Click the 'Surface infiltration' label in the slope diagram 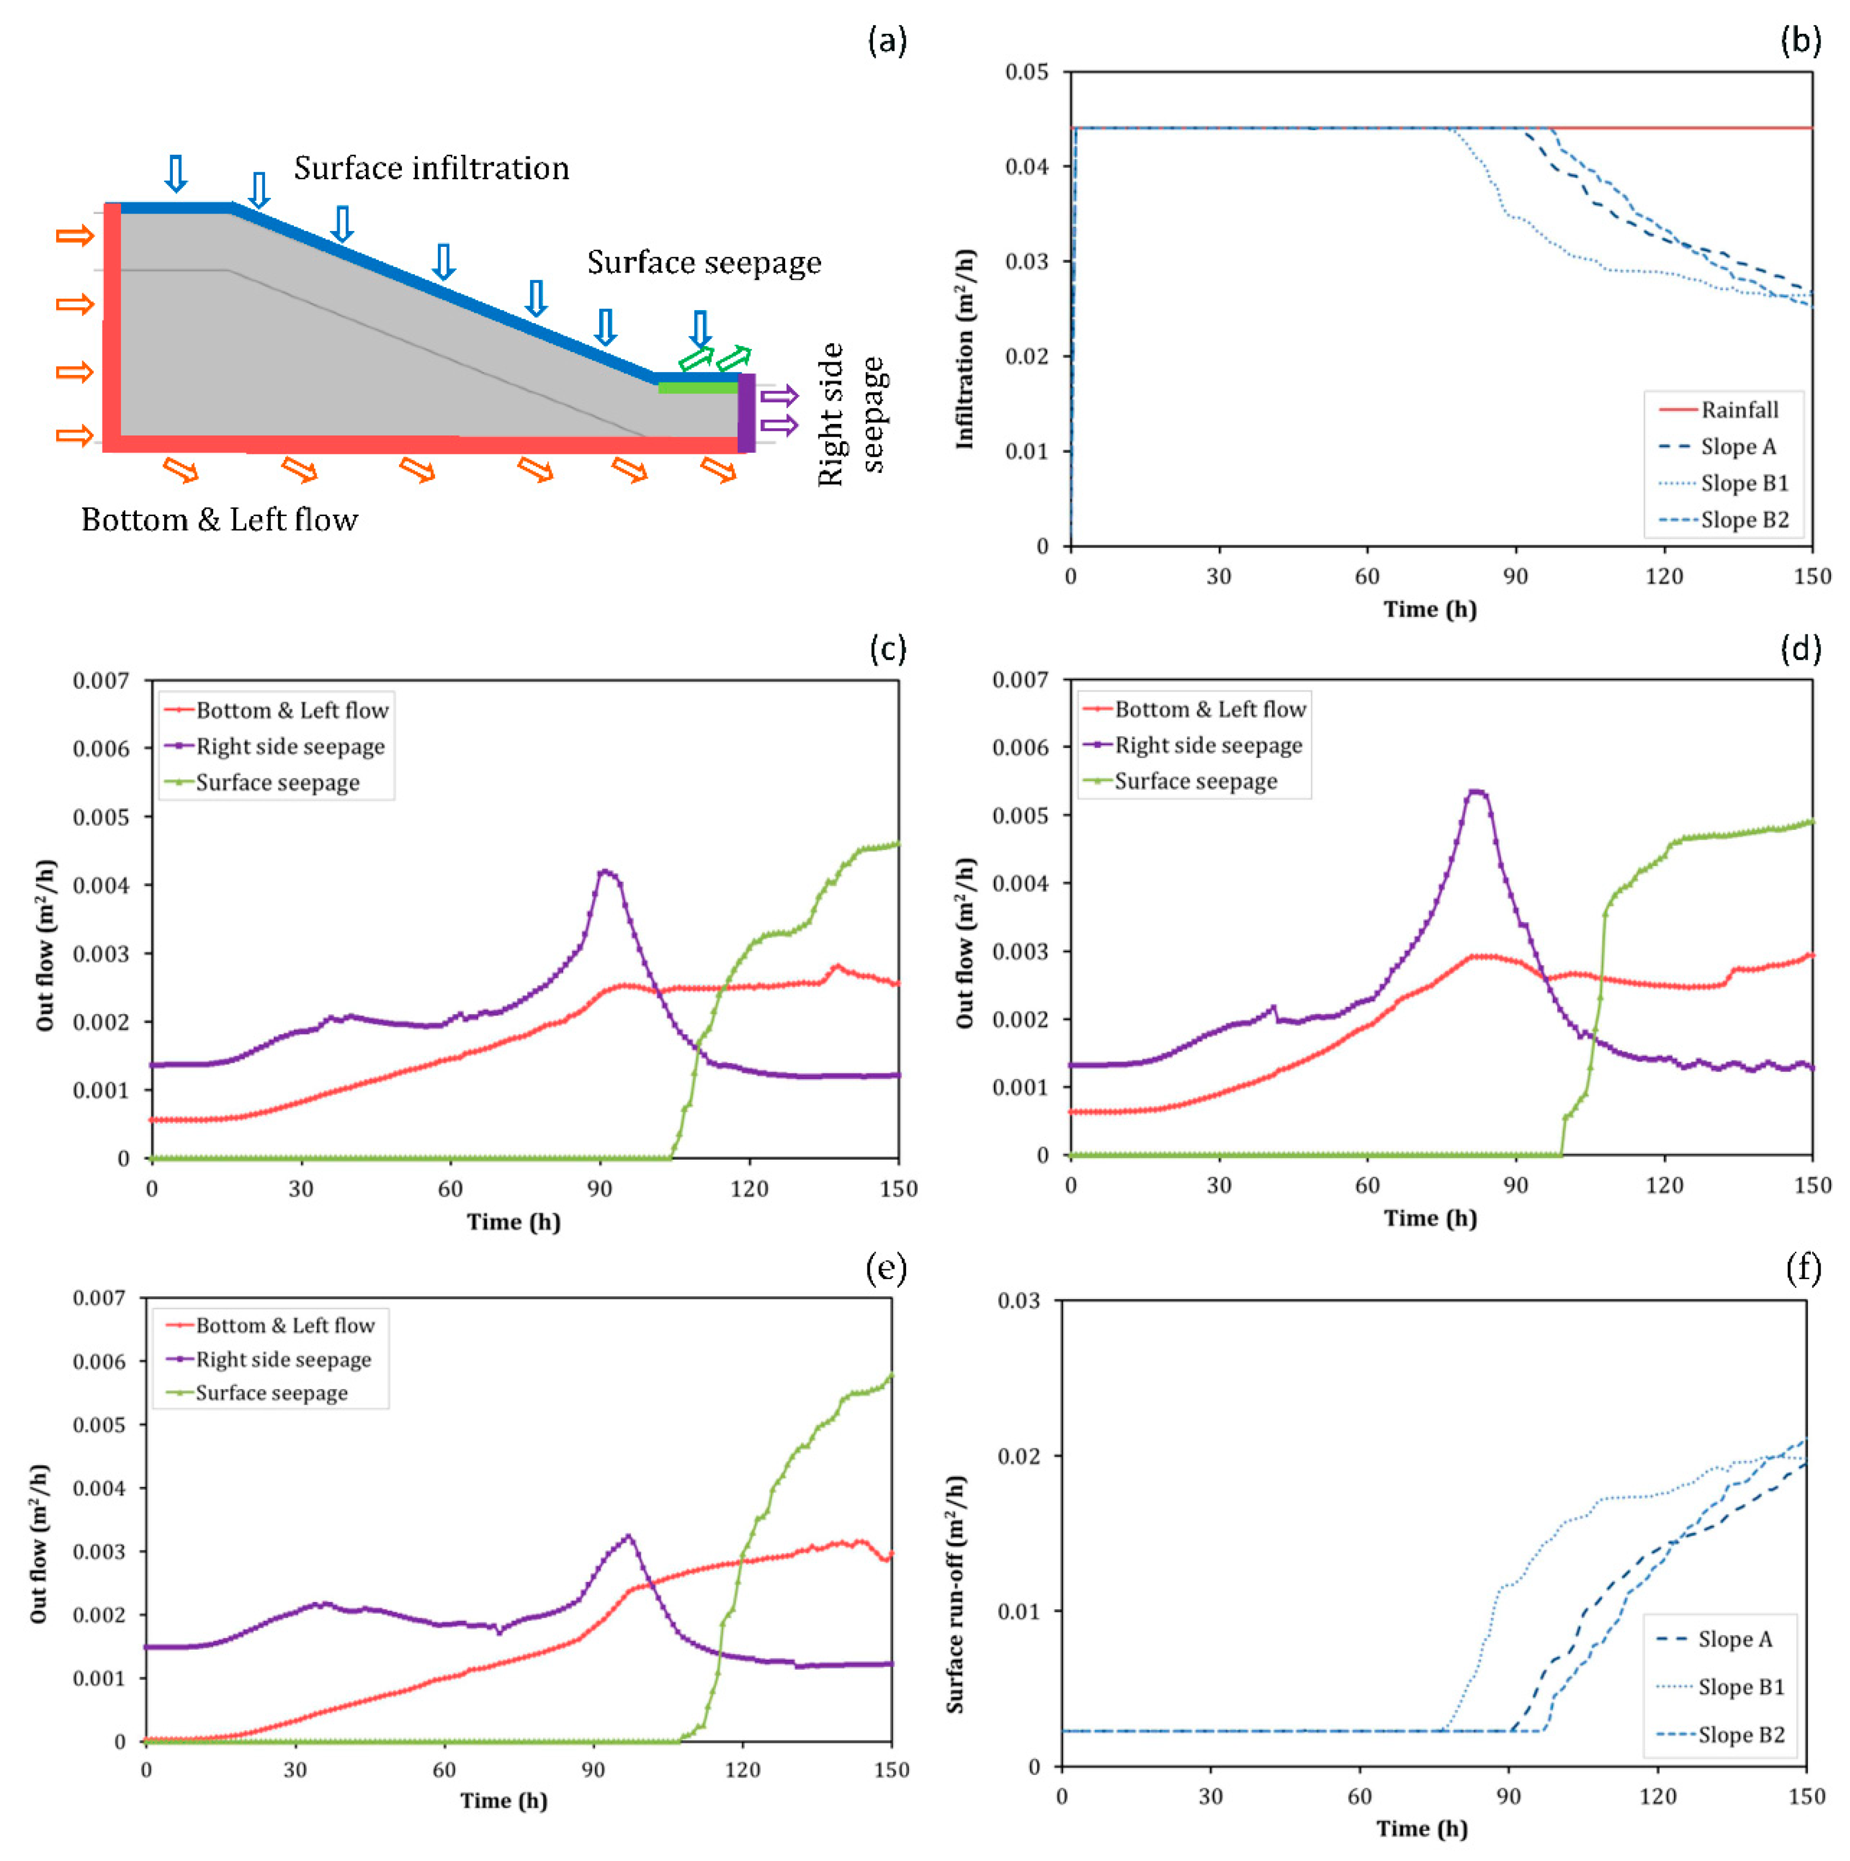431,168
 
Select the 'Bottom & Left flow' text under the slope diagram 220,520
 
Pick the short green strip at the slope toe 697,388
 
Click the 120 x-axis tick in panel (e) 742,1769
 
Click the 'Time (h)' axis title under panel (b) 1430,609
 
